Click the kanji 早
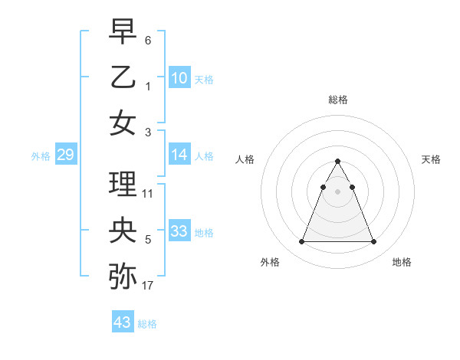[123, 31]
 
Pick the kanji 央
[123, 231]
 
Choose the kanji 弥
[123, 277]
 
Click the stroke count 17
[148, 286]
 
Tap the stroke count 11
[148, 194]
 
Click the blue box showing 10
[179, 77]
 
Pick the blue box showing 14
[179, 155]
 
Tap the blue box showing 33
[179, 231]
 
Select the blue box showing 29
[66, 155]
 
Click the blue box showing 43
[123, 322]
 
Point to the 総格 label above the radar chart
[337, 100]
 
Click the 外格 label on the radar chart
[270, 262]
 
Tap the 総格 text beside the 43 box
[147, 323]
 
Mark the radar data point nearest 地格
[373, 242]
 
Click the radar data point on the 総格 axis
[337, 161]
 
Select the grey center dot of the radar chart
[337, 191]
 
